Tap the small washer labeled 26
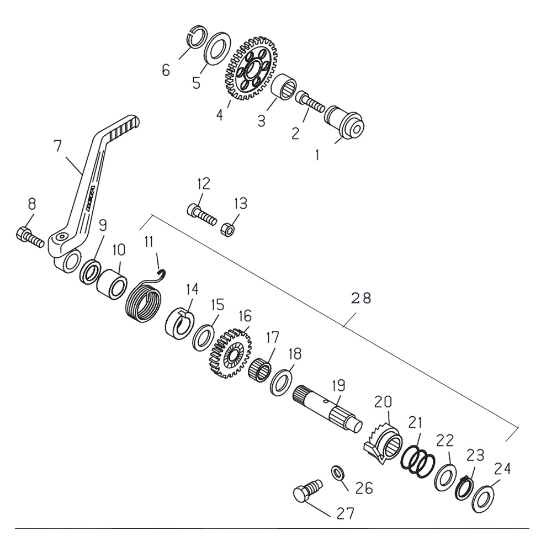point(337,473)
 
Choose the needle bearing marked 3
point(284,86)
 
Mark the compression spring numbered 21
point(417,462)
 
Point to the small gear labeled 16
point(230,353)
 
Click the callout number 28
point(361,298)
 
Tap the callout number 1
point(317,156)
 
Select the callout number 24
point(502,469)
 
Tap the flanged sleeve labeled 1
point(344,122)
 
